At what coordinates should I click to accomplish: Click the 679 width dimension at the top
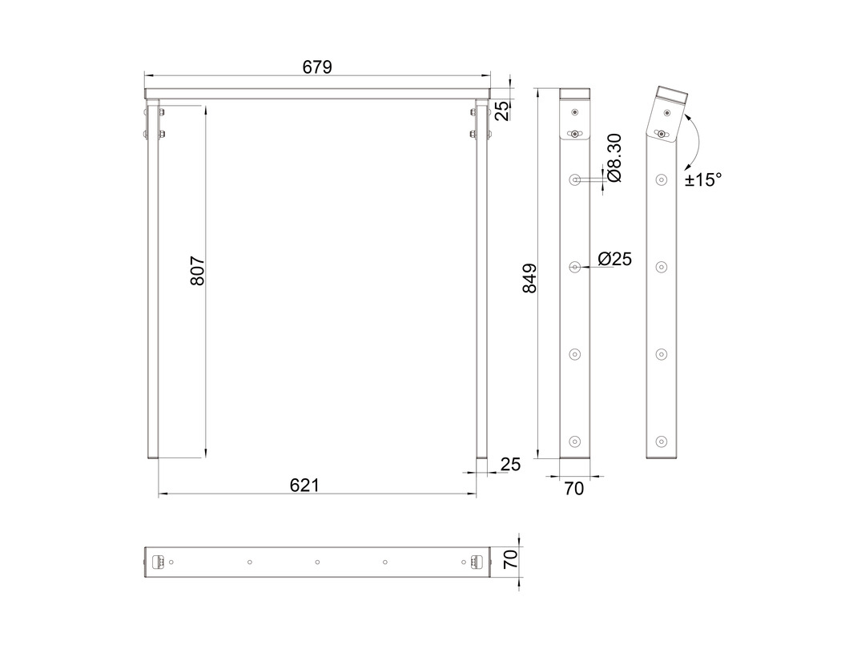coord(317,67)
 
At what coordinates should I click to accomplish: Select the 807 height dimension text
coord(197,271)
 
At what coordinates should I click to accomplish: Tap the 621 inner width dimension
coord(304,485)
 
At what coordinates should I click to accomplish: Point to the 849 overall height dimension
coord(529,278)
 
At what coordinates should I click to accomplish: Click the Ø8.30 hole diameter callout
coord(614,158)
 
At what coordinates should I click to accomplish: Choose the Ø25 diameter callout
coord(614,259)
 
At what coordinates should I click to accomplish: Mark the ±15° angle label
coord(703,179)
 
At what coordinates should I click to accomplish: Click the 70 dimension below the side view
coord(574,489)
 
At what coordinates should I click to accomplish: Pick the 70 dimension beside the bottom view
coord(511,559)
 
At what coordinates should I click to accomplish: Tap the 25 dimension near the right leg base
coord(510,464)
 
